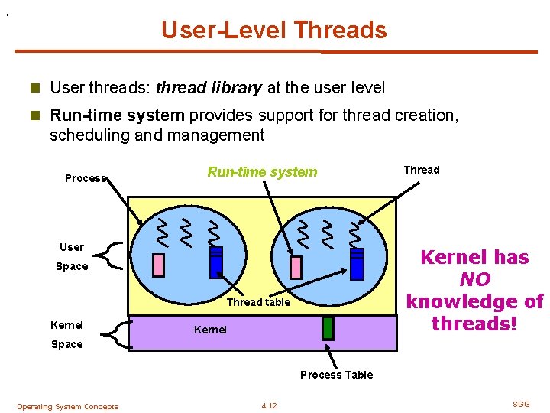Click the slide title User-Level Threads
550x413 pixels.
click(x=274, y=30)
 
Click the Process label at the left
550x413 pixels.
click(x=84, y=178)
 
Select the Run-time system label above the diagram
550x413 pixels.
click(x=262, y=172)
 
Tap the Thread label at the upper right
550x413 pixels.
click(x=422, y=170)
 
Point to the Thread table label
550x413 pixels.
click(x=258, y=302)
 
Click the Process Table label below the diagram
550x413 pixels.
click(x=336, y=375)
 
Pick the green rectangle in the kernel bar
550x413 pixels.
click(x=328, y=327)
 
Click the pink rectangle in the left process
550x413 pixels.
click(x=159, y=265)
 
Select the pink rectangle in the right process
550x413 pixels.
click(x=296, y=267)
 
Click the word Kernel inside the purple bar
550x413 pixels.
click(x=210, y=330)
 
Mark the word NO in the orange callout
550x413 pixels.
click(x=474, y=279)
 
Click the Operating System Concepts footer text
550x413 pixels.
click(x=67, y=407)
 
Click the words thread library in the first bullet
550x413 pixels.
click(x=209, y=88)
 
